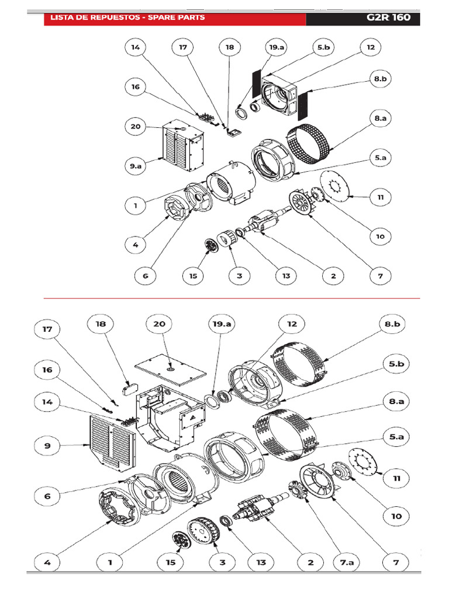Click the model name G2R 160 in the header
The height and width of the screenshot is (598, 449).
pos(388,18)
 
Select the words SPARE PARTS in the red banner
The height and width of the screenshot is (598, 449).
pos(178,18)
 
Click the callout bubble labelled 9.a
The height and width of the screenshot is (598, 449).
pos(136,166)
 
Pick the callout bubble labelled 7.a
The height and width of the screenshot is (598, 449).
pos(347,562)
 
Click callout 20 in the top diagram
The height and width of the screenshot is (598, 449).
pos(136,127)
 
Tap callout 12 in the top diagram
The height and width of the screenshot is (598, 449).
pos(371,48)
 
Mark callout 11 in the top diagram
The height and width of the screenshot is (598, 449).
pos(381,198)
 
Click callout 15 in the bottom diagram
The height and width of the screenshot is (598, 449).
pos(170,562)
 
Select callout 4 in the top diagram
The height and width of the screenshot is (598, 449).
pos(136,245)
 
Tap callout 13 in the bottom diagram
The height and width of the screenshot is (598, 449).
pos(261,562)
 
